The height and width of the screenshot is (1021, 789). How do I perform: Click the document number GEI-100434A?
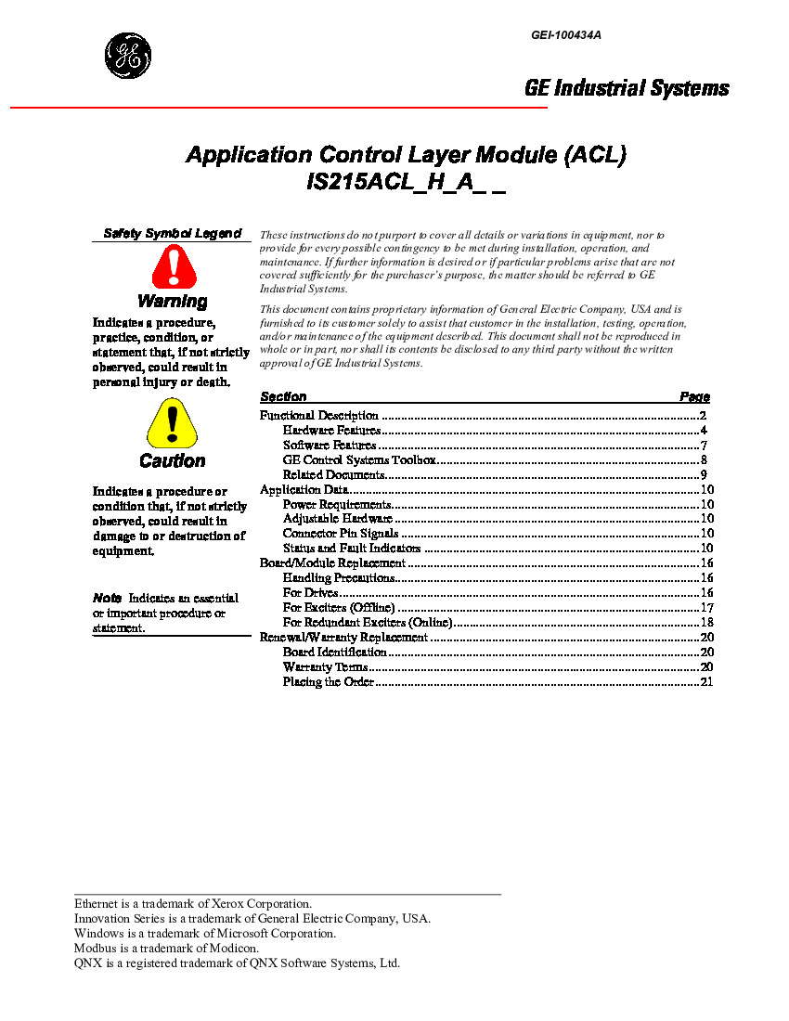click(x=566, y=35)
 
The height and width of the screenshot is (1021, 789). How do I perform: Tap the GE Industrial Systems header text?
click(x=627, y=88)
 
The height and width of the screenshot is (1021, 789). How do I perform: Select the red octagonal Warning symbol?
click(x=174, y=267)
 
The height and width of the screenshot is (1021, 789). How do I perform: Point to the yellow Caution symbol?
click(x=172, y=423)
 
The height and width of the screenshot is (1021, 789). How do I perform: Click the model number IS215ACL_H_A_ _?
click(x=406, y=183)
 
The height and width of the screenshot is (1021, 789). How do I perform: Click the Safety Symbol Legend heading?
click(x=172, y=234)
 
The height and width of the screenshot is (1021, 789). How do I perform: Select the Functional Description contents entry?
click(x=319, y=416)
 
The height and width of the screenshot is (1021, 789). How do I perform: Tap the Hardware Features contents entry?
click(x=331, y=431)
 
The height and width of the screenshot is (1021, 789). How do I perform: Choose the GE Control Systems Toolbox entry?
click(x=359, y=460)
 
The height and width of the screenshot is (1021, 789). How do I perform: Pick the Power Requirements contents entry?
click(x=337, y=505)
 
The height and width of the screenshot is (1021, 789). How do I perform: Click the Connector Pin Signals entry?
click(x=341, y=534)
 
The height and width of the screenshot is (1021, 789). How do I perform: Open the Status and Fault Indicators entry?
click(x=352, y=549)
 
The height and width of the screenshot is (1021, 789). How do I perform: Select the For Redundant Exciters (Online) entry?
click(x=368, y=623)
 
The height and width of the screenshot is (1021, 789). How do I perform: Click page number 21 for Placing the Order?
click(x=705, y=682)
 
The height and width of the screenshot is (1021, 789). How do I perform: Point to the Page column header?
click(x=694, y=396)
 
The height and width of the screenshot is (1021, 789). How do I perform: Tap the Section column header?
click(x=283, y=396)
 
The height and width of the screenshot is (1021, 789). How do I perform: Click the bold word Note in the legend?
click(x=107, y=598)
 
